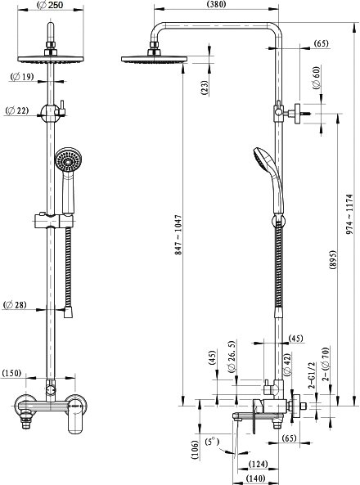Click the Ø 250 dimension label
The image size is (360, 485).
tap(50, 5)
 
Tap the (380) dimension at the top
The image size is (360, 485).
tap(216, 4)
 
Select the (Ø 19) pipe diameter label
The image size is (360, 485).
tap(22, 76)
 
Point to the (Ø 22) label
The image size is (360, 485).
tap(17, 110)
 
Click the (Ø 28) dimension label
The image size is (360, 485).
tap(15, 305)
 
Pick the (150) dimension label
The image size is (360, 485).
tap(11, 373)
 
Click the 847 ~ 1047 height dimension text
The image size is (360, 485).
tap(178, 235)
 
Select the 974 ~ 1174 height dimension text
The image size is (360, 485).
tap(349, 214)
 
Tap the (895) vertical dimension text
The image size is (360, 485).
tap(332, 260)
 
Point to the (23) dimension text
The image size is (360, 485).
tap(205, 88)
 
